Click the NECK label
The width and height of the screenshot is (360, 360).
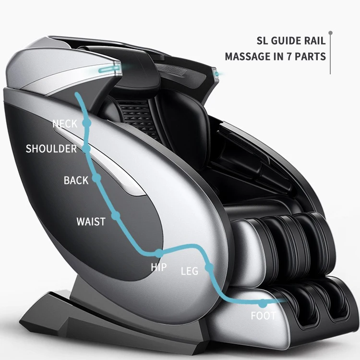[x=64, y=124]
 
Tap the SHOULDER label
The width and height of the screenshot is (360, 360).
[x=51, y=149]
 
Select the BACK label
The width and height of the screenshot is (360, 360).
[x=76, y=180]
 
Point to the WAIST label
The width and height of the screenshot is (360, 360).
[x=91, y=222]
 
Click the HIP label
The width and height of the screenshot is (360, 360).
[x=159, y=267]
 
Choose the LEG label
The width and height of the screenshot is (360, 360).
[x=189, y=271]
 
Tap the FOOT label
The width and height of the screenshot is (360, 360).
[x=263, y=316]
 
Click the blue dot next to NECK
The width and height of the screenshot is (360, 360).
[x=86, y=123]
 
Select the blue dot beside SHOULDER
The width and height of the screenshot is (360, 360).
[x=86, y=149]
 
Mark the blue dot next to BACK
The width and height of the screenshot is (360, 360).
[x=96, y=178]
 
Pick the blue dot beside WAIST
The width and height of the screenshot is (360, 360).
[x=115, y=216]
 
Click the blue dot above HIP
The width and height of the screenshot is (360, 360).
[x=159, y=253]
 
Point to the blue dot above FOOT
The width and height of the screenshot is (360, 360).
[x=263, y=303]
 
